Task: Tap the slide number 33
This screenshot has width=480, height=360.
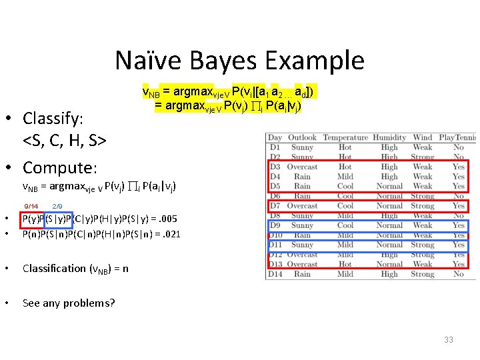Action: (x=449, y=340)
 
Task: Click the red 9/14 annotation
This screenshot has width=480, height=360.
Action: (x=31, y=207)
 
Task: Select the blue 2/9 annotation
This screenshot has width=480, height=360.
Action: (x=57, y=207)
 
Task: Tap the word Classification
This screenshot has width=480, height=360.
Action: (x=54, y=269)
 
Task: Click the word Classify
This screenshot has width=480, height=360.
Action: (x=53, y=119)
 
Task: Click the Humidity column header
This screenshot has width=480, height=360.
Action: (x=389, y=138)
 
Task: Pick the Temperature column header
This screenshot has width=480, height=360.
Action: (x=345, y=138)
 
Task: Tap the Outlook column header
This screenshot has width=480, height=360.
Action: (x=302, y=138)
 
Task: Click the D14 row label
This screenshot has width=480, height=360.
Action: (x=275, y=274)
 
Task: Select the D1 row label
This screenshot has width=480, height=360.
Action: (x=275, y=147)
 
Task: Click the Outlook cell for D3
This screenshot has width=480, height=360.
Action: (x=302, y=167)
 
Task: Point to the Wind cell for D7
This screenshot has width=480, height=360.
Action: (x=423, y=206)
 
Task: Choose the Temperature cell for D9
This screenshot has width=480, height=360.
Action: (x=345, y=225)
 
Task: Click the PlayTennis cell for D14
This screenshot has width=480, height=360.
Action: (x=458, y=274)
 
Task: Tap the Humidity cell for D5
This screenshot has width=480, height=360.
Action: (x=389, y=187)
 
